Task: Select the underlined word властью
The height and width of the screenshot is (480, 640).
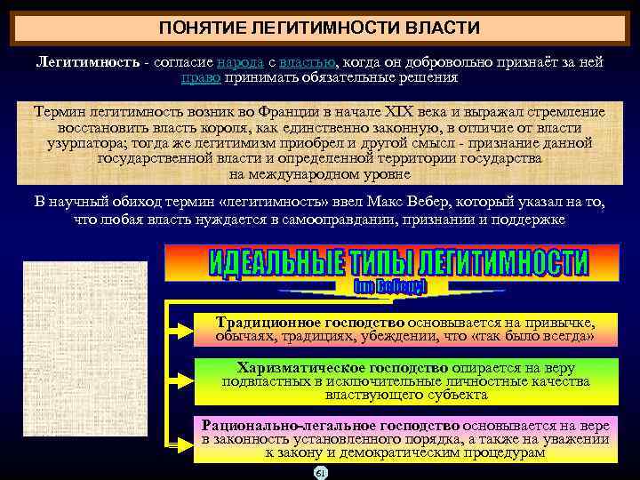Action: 307,62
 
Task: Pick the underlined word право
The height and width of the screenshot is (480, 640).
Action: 200,77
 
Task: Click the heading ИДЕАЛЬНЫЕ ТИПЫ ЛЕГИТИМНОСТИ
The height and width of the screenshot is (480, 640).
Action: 397,263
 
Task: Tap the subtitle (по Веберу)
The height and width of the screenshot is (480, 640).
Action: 391,287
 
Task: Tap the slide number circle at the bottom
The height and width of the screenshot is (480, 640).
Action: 321,472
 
